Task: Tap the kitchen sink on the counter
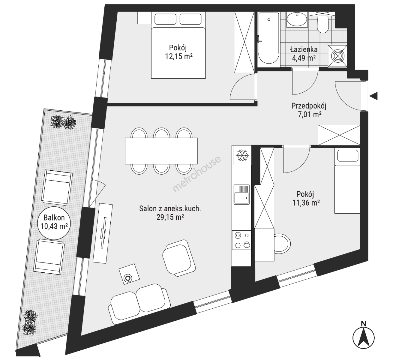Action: pos(241,194)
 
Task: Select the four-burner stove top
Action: pos(242,240)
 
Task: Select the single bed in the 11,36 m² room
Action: pos(347,181)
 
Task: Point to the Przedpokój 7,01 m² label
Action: pos(309,110)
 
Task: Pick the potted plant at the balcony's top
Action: pos(63,122)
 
